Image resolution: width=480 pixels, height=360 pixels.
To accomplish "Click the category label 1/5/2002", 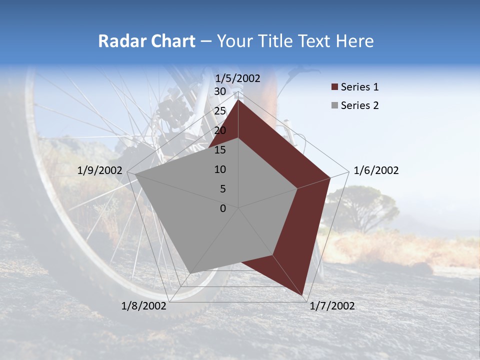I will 237,78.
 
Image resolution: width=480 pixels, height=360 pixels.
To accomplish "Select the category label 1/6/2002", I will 376,170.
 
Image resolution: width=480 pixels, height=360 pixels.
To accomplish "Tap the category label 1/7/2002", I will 332,306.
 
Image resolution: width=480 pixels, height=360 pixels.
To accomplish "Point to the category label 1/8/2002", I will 144,306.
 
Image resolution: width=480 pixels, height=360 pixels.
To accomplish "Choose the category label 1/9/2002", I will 100,170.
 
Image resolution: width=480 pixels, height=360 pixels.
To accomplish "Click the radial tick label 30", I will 220,91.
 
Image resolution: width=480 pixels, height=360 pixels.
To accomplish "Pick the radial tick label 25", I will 220,111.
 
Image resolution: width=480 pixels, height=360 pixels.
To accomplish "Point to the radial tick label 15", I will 220,150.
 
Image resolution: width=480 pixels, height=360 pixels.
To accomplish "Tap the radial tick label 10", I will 220,169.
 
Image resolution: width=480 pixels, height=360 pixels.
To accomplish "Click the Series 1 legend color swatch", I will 334,87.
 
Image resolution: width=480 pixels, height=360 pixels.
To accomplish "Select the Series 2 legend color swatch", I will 334,106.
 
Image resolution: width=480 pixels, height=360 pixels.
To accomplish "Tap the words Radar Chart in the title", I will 146,41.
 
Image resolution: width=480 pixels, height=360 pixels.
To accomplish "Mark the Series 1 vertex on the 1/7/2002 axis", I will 302,295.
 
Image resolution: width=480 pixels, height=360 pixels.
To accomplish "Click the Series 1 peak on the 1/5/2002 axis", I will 238,100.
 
